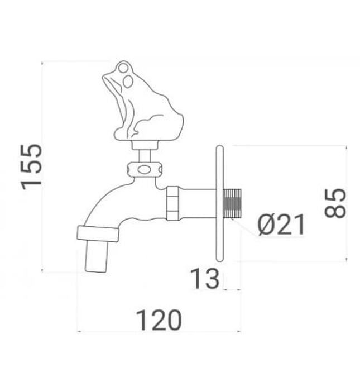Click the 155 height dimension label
32,166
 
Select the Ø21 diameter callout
281,225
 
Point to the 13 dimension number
204,279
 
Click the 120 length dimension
159,320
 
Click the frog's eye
128,81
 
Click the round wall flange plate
220,203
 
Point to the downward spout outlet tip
96,257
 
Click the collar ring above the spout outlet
98,233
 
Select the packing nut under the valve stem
145,169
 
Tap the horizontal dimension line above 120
159,332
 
